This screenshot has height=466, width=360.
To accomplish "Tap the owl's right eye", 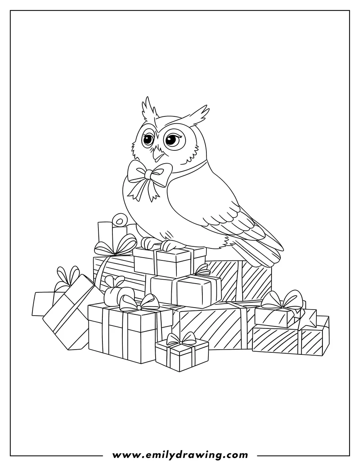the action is (x=172, y=139).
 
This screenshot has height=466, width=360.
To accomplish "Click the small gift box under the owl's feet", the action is (x=170, y=262).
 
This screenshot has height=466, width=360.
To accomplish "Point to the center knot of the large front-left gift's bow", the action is (x=138, y=306).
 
